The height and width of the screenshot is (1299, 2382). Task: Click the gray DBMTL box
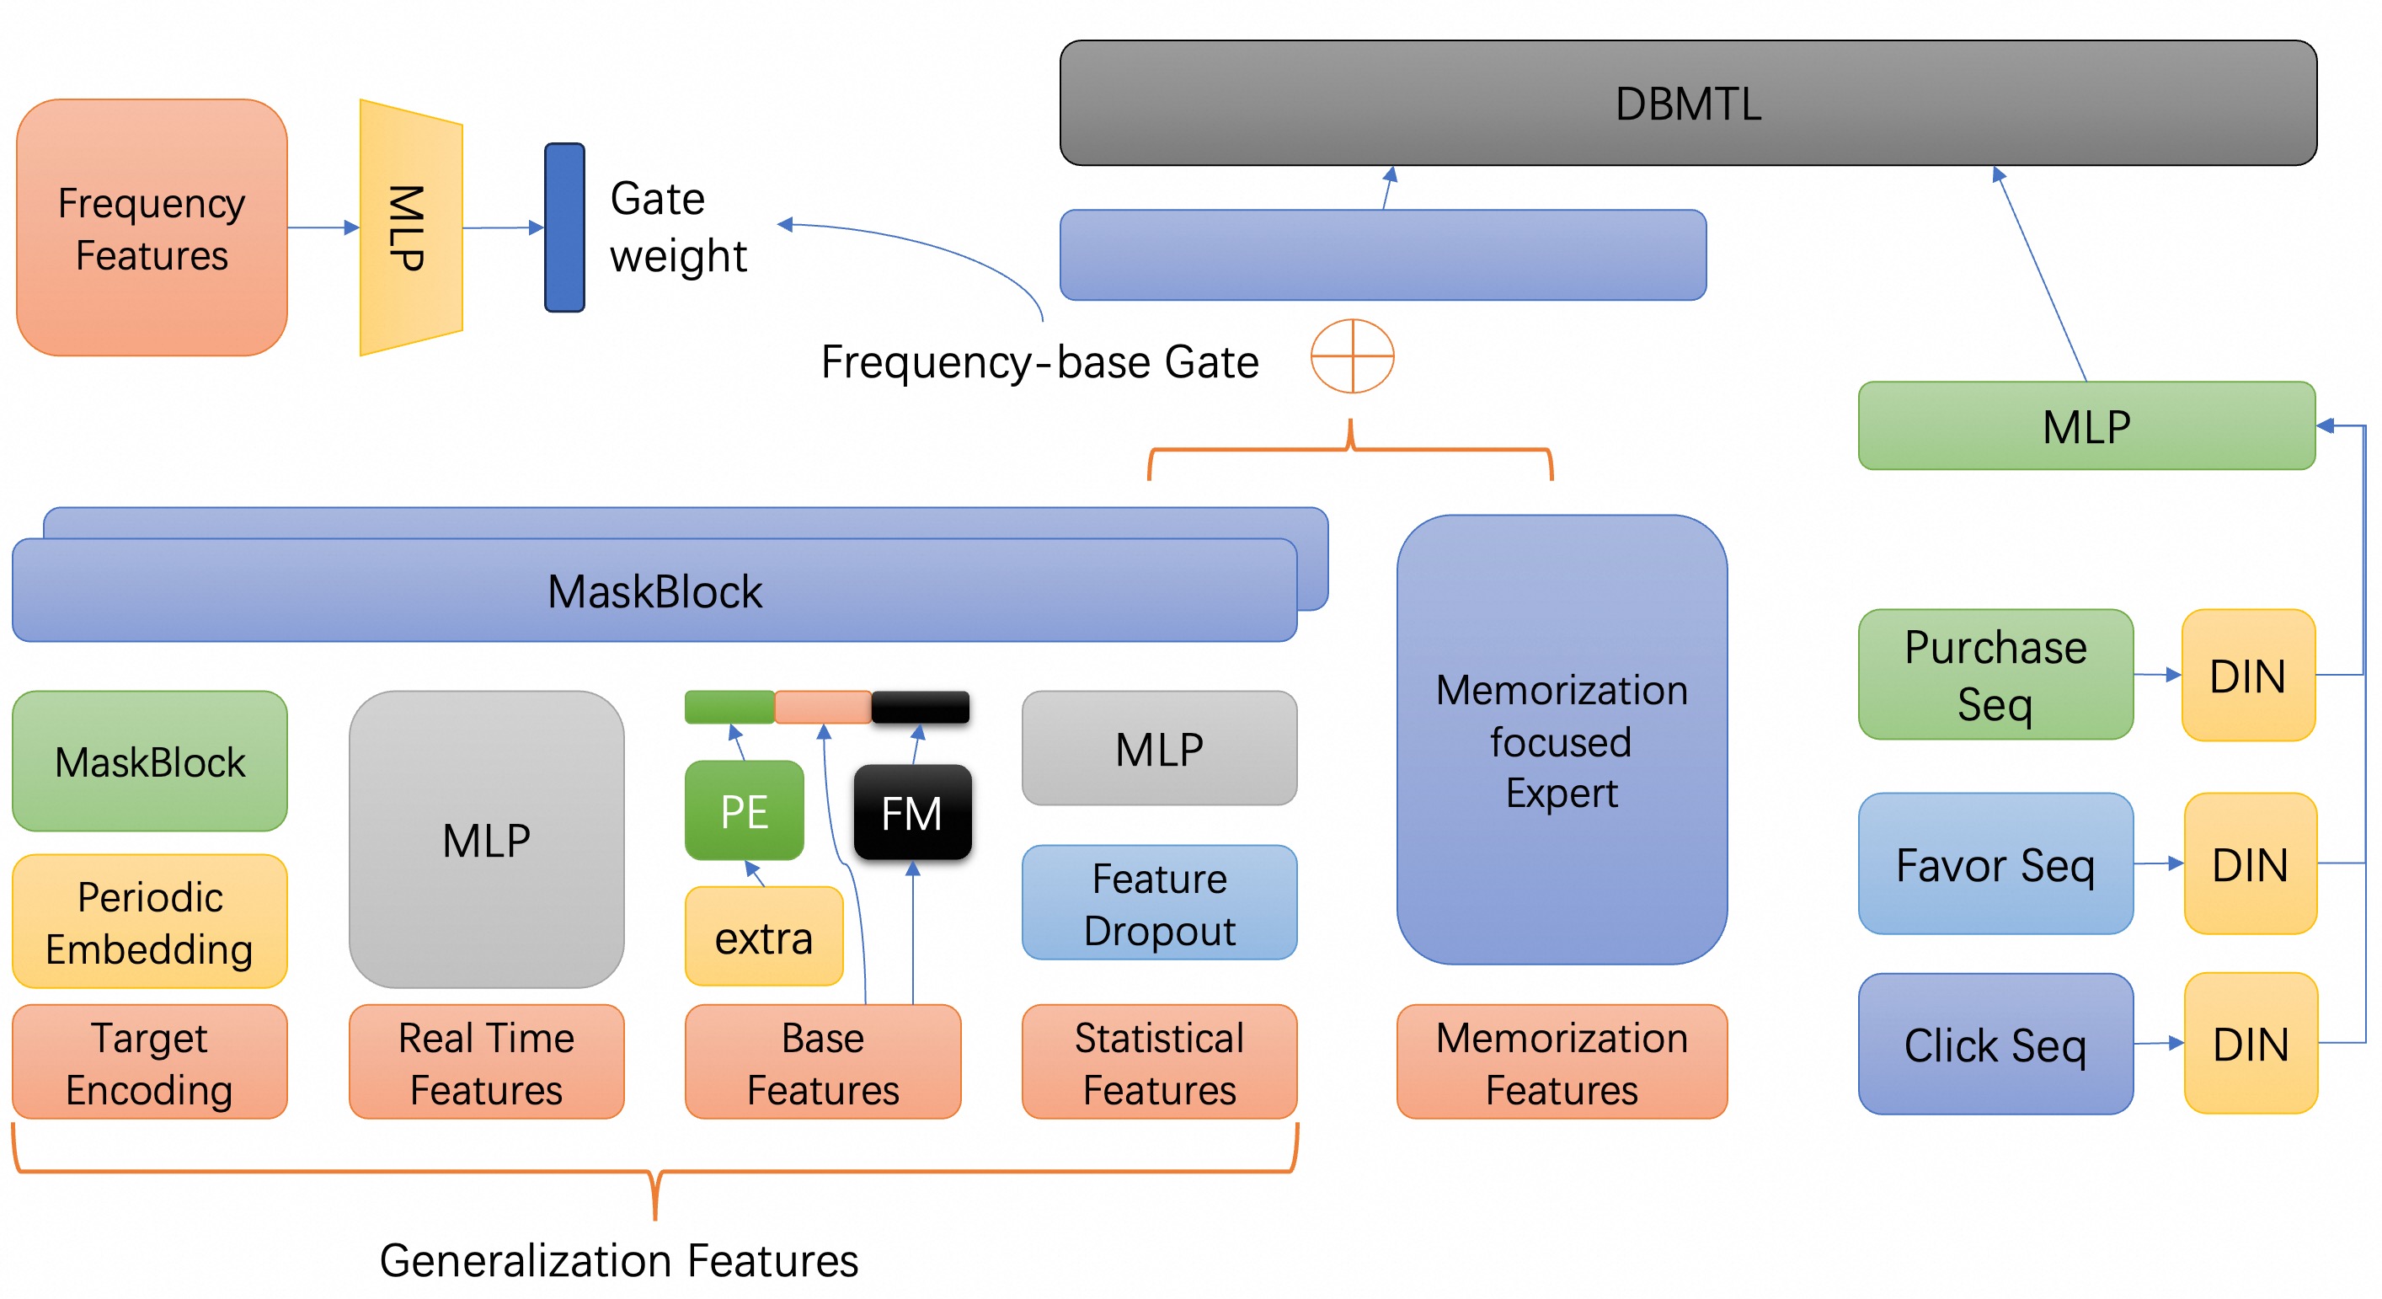tap(1688, 103)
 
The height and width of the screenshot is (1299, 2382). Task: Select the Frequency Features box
tap(152, 227)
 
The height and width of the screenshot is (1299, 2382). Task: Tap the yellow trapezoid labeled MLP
tap(410, 227)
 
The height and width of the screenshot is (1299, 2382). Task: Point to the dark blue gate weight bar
tap(564, 227)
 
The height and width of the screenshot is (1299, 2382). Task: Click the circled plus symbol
tap(1352, 356)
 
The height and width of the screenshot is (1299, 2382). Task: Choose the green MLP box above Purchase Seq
tap(2086, 426)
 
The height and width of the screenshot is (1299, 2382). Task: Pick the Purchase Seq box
tap(1995, 674)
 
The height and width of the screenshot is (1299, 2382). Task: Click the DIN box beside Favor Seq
tap(2250, 863)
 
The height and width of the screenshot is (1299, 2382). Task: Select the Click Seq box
tap(1995, 1044)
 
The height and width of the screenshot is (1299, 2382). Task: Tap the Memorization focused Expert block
tap(1562, 740)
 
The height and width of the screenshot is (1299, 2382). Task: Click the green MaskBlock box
tap(150, 761)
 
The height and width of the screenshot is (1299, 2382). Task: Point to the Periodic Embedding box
tap(150, 922)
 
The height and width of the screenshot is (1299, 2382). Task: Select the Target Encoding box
tap(150, 1062)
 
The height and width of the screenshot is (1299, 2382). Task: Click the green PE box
tap(745, 811)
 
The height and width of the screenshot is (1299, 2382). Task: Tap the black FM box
tap(911, 813)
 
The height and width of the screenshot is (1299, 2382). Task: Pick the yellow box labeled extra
tap(764, 937)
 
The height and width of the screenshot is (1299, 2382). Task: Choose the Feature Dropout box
tap(1160, 902)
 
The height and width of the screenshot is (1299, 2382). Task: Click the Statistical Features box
tap(1160, 1062)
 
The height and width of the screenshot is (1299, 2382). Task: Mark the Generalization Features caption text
tap(618, 1260)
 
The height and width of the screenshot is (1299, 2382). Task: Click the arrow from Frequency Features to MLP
tap(323, 227)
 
